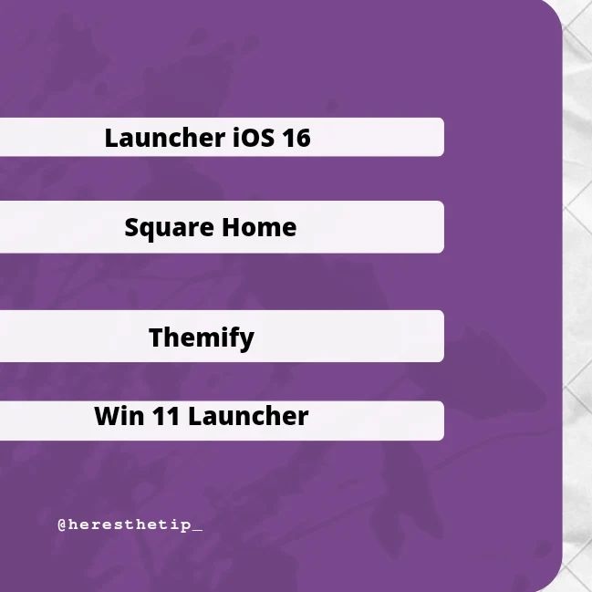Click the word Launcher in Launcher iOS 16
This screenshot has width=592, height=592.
[x=165, y=138]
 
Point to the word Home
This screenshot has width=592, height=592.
[x=259, y=227]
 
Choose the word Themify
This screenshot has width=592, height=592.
[x=202, y=338]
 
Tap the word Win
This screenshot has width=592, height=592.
[x=119, y=416]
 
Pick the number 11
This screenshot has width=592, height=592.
[x=166, y=417]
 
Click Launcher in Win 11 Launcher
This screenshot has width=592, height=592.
[x=248, y=416]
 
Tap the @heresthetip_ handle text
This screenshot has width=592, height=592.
[x=130, y=524]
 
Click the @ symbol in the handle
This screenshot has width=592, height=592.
[x=62, y=524]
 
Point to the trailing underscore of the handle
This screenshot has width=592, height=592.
[x=197, y=530]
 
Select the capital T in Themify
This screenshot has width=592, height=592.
[x=157, y=338]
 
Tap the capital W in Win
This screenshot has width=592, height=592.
[x=109, y=417]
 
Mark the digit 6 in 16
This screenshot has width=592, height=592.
[x=303, y=138]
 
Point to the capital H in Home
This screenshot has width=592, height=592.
[x=231, y=227]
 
